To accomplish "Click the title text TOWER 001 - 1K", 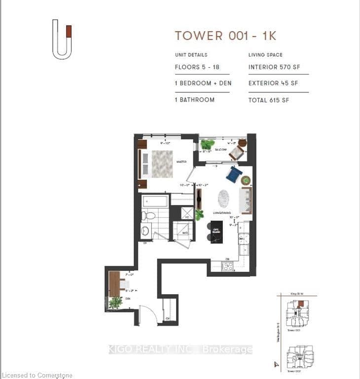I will [225, 36].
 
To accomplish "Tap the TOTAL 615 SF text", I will [269, 100].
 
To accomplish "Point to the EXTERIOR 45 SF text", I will [273, 83].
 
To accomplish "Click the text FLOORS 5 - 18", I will [197, 67].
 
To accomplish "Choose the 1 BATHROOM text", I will [195, 100].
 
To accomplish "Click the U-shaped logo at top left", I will [62, 39].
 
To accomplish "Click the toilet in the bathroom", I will [148, 216].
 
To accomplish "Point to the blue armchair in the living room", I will [234, 173].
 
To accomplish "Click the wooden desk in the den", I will [115, 284].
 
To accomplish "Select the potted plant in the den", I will [115, 302].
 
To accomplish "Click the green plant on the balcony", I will [206, 145].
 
